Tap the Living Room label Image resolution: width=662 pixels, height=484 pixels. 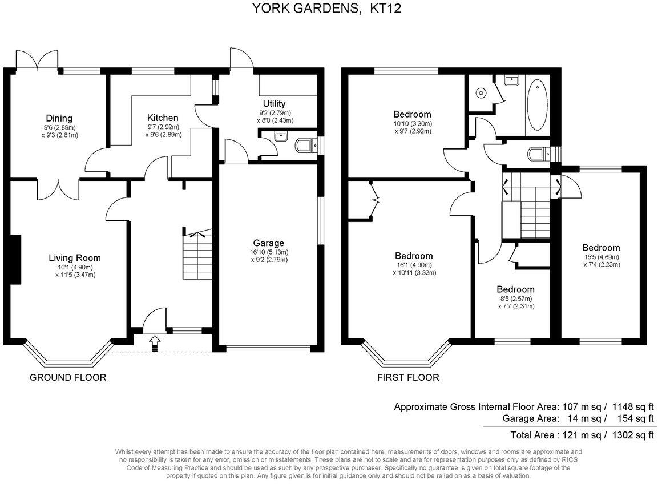(74, 258)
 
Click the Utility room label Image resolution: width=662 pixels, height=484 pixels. (274, 103)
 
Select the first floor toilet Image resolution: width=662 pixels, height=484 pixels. (536, 154)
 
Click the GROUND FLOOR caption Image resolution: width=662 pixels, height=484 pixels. (68, 377)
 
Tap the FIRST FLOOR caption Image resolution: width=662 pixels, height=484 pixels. (408, 377)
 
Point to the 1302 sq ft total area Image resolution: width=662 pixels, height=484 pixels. (633, 435)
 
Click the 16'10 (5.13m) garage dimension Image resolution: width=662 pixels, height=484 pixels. (269, 252)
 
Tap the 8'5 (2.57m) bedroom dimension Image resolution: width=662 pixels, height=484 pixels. (515, 299)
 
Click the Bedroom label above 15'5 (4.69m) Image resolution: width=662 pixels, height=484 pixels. (601, 248)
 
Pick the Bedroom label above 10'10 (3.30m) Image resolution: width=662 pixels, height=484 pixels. (412, 114)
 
